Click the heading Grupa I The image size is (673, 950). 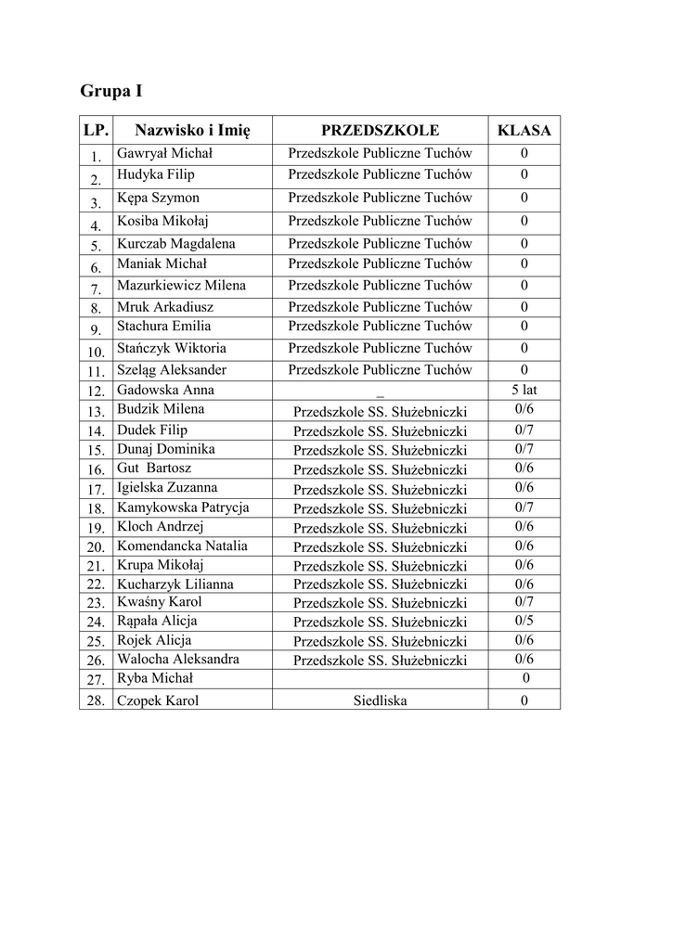point(111,91)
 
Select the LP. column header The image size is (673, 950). point(96,130)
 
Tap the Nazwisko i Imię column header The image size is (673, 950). point(192,130)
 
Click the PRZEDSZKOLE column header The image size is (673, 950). point(380,130)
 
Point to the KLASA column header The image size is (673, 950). point(524,130)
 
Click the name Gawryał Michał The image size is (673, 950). point(164,153)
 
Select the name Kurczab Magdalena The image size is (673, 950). point(175,244)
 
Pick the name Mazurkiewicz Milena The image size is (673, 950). point(181,285)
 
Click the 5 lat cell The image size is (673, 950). point(524,390)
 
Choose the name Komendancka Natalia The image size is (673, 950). point(182,546)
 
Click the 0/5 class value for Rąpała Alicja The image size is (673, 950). point(524,621)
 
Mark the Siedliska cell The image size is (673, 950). point(380,700)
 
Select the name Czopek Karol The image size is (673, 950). point(157,700)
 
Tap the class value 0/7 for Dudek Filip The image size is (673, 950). point(524,430)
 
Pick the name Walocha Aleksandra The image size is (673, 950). point(177,659)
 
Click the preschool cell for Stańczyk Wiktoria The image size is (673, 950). point(380,348)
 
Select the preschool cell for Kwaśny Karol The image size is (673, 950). point(380,603)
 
